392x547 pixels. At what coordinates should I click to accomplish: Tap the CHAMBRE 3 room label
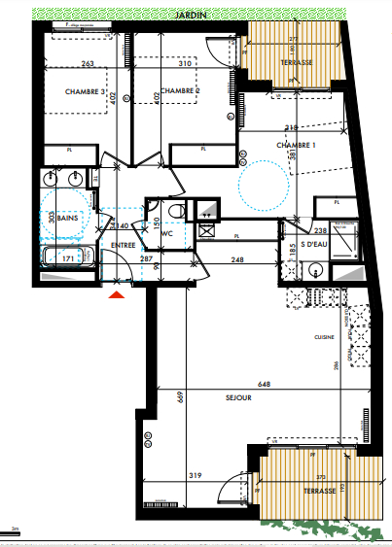(86, 91)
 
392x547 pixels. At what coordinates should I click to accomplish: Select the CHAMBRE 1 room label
(296, 145)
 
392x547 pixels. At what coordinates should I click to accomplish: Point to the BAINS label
(67, 220)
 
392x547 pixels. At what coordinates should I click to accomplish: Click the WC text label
(166, 233)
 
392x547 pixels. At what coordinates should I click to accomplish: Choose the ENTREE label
(123, 245)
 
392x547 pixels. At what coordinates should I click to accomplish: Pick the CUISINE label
(323, 337)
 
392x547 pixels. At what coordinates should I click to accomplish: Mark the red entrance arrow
(118, 292)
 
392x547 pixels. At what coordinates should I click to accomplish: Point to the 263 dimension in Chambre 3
(89, 64)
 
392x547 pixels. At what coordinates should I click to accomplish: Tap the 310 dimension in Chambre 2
(186, 64)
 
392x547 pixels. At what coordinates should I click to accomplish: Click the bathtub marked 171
(67, 260)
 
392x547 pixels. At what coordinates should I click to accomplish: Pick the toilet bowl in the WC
(175, 212)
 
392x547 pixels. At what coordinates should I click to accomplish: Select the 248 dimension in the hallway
(236, 259)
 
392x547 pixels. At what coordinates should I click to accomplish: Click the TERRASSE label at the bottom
(319, 492)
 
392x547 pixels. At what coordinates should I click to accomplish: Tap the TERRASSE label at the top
(296, 62)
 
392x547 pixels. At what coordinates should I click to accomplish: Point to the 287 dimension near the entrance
(145, 259)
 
